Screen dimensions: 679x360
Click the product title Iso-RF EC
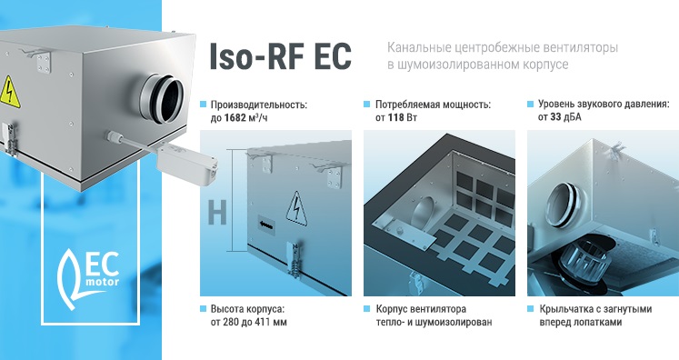tap(280, 55)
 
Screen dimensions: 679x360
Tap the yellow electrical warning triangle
tap(9, 93)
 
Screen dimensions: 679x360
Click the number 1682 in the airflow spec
tap(235, 117)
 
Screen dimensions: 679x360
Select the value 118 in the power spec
tap(395, 117)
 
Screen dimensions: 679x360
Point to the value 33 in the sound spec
tap(555, 117)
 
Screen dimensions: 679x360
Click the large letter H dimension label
tap(217, 214)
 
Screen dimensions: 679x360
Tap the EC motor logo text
tap(102, 272)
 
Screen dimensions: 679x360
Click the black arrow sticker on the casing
tap(266, 225)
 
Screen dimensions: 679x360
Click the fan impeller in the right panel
tap(581, 262)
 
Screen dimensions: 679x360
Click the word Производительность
tap(258, 105)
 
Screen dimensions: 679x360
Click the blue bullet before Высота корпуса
tap(203, 309)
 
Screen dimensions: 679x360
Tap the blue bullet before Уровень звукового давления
tap(530, 104)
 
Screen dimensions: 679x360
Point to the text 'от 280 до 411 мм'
tap(248, 323)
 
